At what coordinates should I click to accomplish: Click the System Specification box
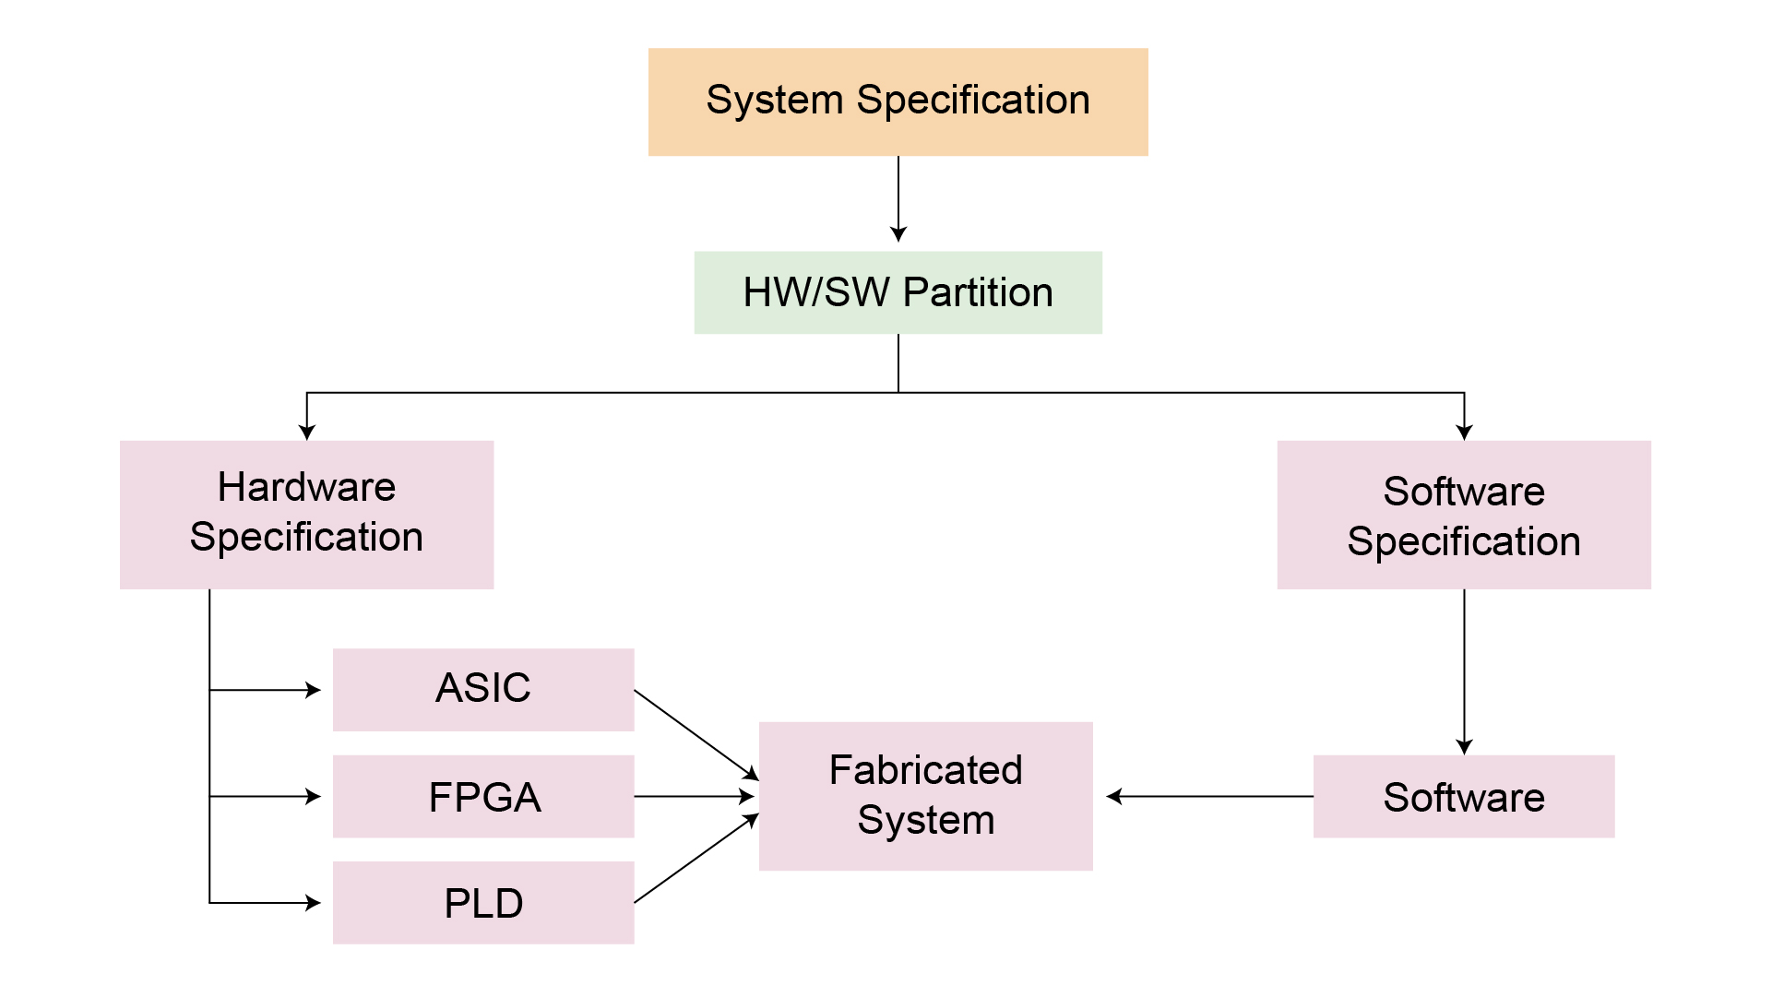pyautogui.click(x=898, y=101)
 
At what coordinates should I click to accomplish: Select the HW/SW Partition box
pyautogui.click(x=898, y=292)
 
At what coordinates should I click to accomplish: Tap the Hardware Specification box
pyautogui.click(x=306, y=514)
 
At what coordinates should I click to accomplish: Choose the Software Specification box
pyautogui.click(x=1463, y=515)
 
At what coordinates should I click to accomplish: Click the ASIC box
pyautogui.click(x=482, y=689)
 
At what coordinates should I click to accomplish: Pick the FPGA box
pyautogui.click(x=482, y=796)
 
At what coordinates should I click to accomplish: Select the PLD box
pyautogui.click(x=482, y=902)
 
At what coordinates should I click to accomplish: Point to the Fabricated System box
pyautogui.click(x=925, y=795)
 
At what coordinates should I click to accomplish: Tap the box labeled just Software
pyautogui.click(x=1463, y=796)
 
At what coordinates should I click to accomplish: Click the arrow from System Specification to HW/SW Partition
pyautogui.click(x=898, y=198)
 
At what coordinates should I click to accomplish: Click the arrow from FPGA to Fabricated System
pyautogui.click(x=694, y=796)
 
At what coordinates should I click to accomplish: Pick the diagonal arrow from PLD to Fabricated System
pyautogui.click(x=696, y=859)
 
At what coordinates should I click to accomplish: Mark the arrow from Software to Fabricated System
pyautogui.click(x=1208, y=796)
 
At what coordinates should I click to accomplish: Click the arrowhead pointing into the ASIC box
pyautogui.click(x=314, y=690)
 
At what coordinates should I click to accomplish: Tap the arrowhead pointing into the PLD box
pyautogui.click(x=314, y=903)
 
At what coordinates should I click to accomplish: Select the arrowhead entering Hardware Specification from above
pyautogui.click(x=307, y=432)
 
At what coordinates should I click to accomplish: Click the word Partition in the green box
pyautogui.click(x=978, y=292)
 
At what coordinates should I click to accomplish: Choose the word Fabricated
pyautogui.click(x=925, y=770)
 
